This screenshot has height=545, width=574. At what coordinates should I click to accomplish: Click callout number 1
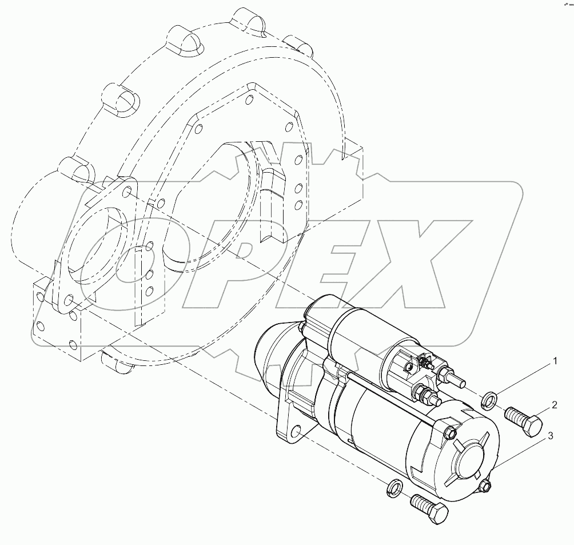[554, 361]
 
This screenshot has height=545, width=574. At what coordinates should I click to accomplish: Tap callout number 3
[551, 436]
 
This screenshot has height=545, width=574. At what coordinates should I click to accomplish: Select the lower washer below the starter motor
[394, 487]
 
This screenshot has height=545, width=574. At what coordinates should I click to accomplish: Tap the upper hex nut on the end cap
[449, 431]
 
